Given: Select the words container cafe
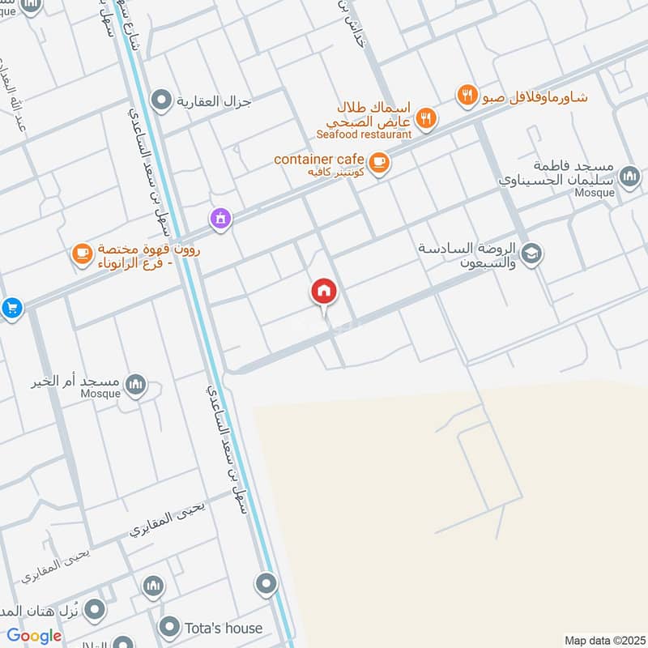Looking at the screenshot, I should pos(319,159).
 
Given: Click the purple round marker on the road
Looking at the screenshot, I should pos(220,217).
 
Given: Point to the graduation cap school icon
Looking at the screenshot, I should pos(532,254).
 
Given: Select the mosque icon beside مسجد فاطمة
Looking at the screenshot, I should pos(629,175).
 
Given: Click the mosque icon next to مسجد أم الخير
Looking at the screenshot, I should pos(137,385).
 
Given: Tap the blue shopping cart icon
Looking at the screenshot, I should pos(11,308).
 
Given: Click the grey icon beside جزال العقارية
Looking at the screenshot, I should pos(162,100).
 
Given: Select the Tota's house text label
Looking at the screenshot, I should pos(224,628).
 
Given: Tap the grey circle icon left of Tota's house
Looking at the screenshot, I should pos(169,627).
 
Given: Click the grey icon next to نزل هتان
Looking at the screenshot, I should pos(96,607).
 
